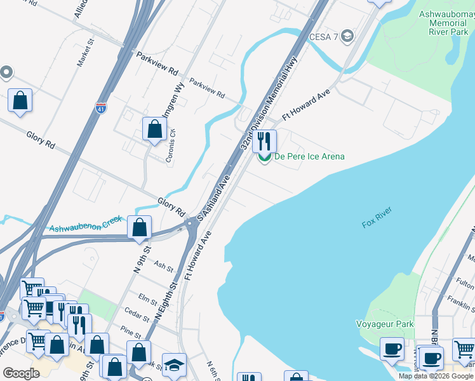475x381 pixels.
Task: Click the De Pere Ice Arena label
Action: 309,157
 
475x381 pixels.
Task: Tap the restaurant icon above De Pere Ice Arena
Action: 264,140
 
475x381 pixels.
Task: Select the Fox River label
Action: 377,218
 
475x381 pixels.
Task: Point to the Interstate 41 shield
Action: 100,109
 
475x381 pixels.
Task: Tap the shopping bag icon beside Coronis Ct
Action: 154,129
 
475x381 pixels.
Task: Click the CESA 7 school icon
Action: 347,36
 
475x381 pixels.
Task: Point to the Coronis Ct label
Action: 170,147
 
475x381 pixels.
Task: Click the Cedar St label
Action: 137,314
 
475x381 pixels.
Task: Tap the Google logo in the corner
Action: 22,373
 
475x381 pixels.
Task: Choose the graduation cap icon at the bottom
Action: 174,364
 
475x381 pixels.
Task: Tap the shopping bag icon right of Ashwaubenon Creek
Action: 139,227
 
